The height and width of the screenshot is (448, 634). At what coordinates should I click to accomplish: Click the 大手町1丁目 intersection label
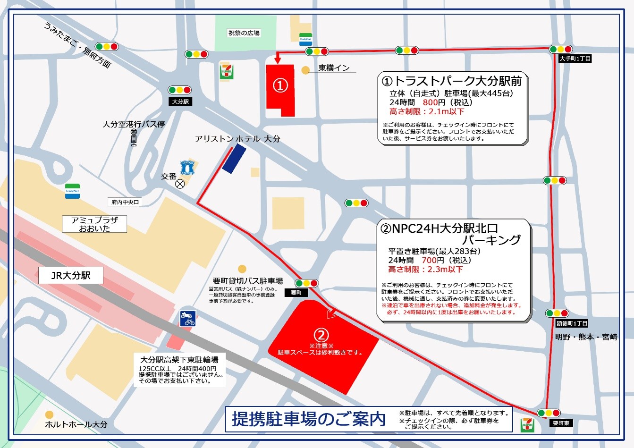[575, 59]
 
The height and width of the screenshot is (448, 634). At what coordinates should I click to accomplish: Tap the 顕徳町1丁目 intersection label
[572, 323]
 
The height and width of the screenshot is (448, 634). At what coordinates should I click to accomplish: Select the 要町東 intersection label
[561, 423]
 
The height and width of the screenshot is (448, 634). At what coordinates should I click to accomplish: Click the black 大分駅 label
[180, 101]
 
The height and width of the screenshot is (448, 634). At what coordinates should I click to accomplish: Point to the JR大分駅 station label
[71, 275]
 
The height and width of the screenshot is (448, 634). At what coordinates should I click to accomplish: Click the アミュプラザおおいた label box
[94, 224]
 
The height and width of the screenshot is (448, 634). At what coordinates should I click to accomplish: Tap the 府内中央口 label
[125, 202]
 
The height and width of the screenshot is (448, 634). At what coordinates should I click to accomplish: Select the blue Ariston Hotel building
[234, 158]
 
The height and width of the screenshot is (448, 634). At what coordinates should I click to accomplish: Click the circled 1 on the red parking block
[280, 85]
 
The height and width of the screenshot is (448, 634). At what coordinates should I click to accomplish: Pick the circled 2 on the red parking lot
[321, 335]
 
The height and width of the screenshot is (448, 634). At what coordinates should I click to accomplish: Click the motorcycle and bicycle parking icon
[187, 319]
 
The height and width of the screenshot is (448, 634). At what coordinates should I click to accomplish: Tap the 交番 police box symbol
[180, 184]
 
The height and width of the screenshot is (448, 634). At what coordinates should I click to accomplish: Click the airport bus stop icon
[134, 137]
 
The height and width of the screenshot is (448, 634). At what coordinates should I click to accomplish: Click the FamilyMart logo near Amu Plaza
[72, 191]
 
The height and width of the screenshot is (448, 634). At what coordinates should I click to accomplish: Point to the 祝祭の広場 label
[244, 33]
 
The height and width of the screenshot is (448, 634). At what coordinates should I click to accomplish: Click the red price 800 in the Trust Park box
[430, 102]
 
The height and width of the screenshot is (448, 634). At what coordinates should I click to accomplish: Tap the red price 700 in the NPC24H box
[429, 260]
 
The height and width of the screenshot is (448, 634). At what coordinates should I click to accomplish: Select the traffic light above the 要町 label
[306, 283]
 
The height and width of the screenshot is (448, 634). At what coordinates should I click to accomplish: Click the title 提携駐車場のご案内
[309, 419]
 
